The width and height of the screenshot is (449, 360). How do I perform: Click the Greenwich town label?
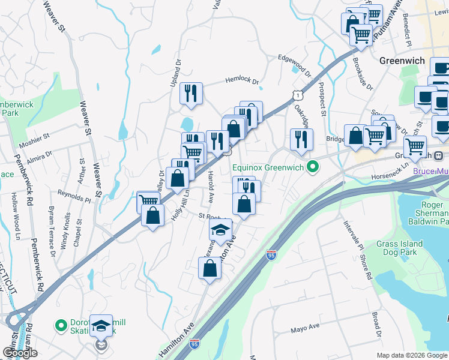(x=402, y=61)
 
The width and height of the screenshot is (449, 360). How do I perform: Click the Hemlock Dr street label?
(x=241, y=81)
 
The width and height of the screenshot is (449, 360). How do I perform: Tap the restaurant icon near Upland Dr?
(x=191, y=93)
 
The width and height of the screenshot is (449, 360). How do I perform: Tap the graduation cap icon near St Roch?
(x=221, y=229)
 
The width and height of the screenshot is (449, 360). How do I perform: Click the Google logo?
(x=20, y=353)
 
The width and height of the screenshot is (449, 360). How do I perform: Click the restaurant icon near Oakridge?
(x=301, y=139)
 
